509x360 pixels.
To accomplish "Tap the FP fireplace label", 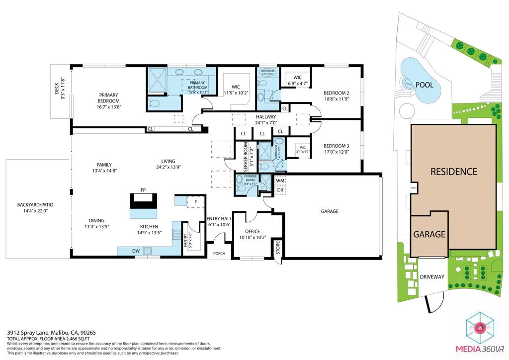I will (x=143, y=190).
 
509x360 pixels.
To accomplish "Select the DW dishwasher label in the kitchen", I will (x=136, y=251).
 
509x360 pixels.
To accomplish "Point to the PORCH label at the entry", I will (x=219, y=254).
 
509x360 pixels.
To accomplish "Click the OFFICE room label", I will (x=253, y=231).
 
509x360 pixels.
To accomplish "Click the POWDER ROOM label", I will (x=247, y=177).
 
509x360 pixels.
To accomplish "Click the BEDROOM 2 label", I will (x=337, y=93).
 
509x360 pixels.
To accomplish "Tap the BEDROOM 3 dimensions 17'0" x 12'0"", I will (x=337, y=152).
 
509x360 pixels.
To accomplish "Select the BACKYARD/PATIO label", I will (x=35, y=205).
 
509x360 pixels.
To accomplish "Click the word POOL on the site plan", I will (x=424, y=85).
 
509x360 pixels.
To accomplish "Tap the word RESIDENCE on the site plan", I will (x=453, y=172).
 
